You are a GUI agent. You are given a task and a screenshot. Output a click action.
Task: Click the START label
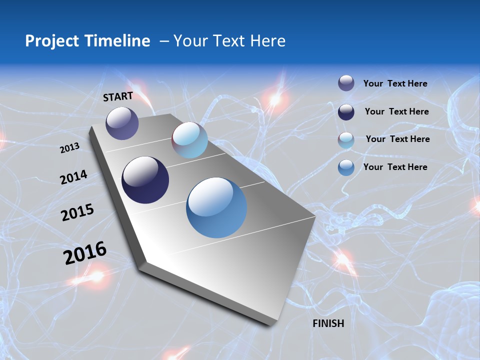[118, 96]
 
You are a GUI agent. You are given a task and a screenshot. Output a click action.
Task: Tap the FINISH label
[328, 323]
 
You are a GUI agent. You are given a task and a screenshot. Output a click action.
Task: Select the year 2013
[70, 148]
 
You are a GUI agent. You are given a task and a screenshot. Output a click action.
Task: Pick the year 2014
[74, 177]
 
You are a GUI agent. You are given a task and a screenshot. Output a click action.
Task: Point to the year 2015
[77, 212]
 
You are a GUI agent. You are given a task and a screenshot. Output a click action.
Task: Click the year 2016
[85, 253]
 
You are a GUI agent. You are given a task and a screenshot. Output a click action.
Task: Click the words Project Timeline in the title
[87, 41]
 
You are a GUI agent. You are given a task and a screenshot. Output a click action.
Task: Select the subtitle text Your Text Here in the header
[229, 41]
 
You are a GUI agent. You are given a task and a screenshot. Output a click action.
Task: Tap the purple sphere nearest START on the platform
[122, 123]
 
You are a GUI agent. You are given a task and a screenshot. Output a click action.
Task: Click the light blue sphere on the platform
[189, 140]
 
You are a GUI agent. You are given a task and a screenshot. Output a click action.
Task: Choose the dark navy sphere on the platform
[145, 180]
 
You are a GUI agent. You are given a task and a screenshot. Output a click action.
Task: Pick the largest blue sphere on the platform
[216, 207]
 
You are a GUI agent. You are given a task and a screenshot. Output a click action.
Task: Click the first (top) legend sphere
[346, 83]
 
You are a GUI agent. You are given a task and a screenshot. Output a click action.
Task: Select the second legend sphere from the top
[346, 112]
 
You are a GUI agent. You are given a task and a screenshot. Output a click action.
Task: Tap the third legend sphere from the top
[346, 140]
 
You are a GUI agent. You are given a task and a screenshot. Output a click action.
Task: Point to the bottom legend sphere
[346, 167]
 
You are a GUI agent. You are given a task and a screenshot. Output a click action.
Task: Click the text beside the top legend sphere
[395, 83]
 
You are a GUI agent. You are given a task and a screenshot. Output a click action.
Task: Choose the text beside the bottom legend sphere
[395, 167]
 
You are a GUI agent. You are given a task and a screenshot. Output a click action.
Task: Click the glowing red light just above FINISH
[343, 259]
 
